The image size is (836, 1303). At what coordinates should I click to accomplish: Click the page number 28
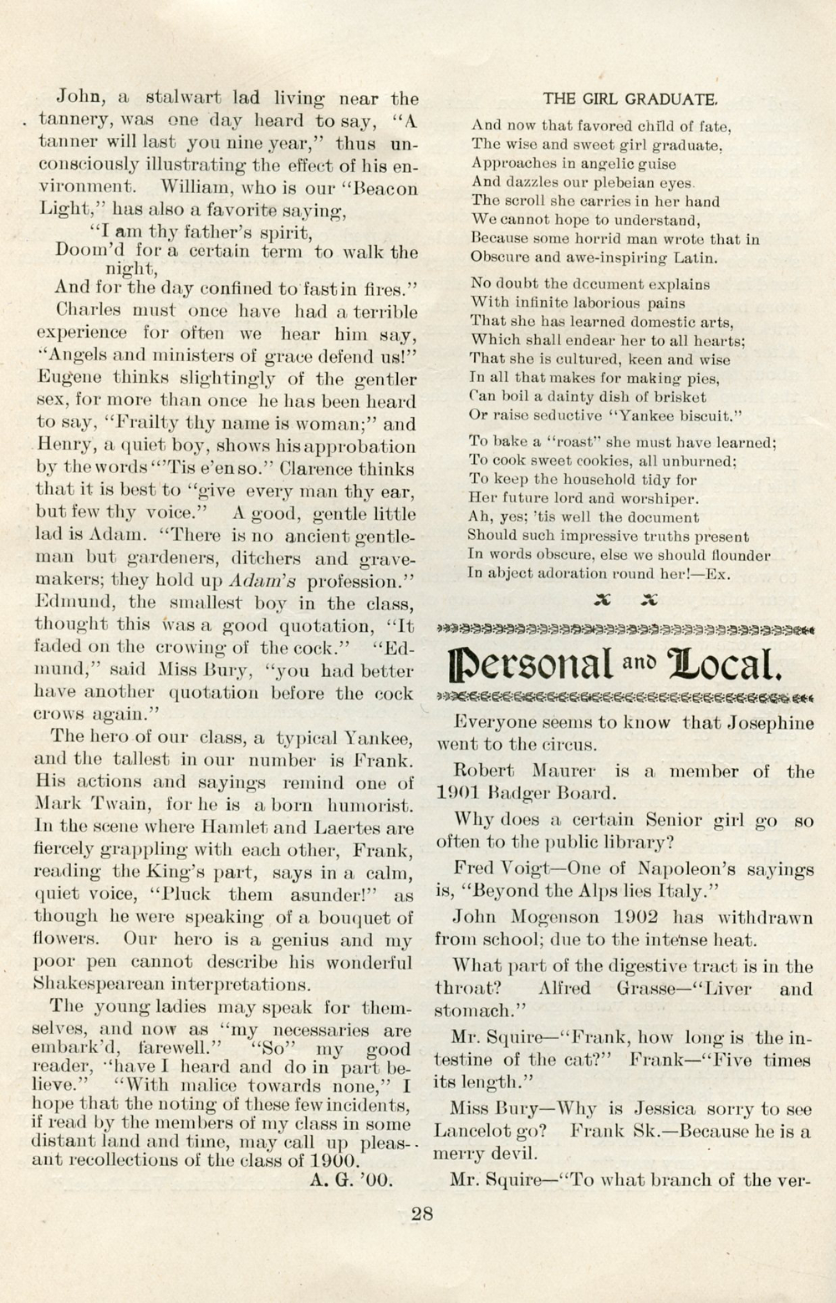421,1214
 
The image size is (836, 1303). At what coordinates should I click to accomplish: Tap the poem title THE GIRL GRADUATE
630,99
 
